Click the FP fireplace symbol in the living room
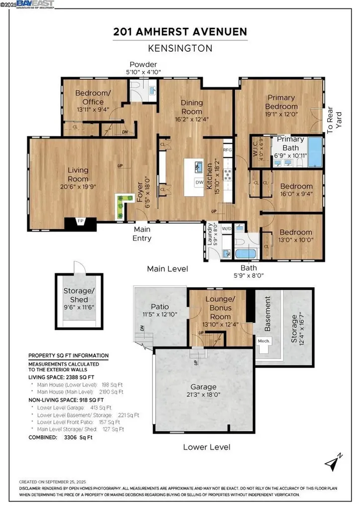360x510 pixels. tap(80, 221)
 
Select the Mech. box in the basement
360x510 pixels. tap(262, 341)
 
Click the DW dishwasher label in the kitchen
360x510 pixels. tap(199, 182)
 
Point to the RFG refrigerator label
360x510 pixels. tap(228, 149)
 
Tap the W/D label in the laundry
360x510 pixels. tap(227, 229)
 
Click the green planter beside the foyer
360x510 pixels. tap(120, 205)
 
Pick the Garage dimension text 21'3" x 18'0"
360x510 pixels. tap(204, 395)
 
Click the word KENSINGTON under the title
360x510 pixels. tap(180, 49)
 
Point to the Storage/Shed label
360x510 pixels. tap(79, 295)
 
